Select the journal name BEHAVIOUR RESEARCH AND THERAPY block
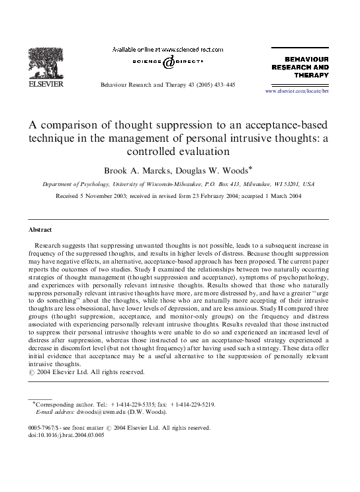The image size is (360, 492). coord(301,67)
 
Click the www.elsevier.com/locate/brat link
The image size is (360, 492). coord(296,91)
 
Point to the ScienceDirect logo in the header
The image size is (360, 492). coord(163,63)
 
